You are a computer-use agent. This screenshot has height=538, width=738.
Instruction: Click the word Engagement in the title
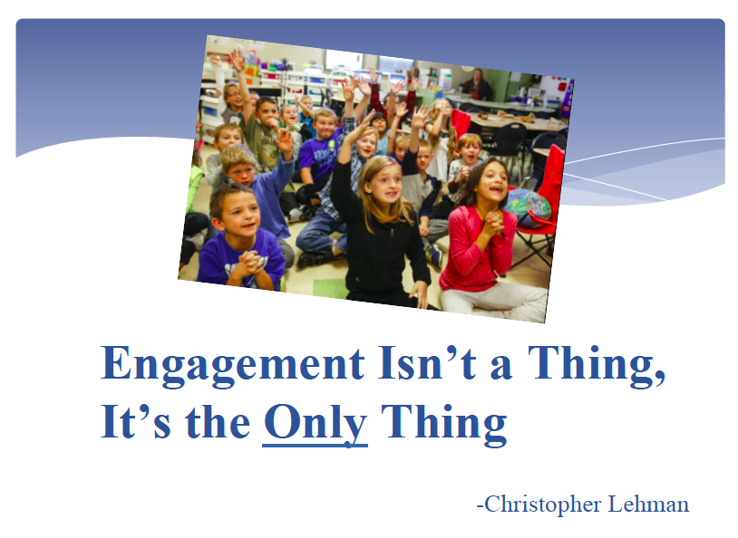pos(233,365)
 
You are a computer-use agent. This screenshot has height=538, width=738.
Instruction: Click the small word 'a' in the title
pos(500,368)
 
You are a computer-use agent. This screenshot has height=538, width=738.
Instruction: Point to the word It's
pos(136,421)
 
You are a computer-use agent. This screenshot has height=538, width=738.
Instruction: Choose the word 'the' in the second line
pos(218,421)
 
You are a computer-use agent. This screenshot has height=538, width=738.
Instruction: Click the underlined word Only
pos(315,424)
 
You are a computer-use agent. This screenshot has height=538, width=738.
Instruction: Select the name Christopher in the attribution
pos(543,505)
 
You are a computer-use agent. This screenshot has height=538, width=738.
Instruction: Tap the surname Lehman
pos(648,504)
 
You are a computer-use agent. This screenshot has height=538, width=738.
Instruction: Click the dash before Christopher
pos(481,507)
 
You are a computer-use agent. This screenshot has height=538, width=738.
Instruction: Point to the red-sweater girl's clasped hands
pos(493,221)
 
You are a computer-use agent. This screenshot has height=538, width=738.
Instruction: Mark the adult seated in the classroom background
pos(477,85)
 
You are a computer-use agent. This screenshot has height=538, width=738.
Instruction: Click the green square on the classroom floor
pos(331,289)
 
